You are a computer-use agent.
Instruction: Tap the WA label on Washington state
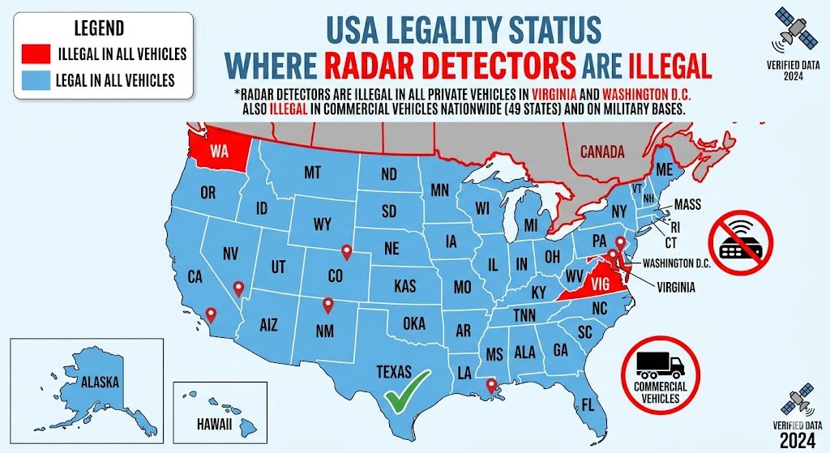click(x=218, y=152)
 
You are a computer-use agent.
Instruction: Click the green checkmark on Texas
click(x=407, y=391)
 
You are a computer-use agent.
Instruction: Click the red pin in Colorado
click(x=347, y=252)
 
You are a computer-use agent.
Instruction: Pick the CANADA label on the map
click(x=602, y=152)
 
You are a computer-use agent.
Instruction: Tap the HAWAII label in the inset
click(x=215, y=424)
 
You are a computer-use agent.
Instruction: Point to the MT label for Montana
click(x=312, y=173)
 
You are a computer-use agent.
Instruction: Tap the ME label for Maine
click(x=665, y=169)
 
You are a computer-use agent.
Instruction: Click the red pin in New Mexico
click(x=327, y=306)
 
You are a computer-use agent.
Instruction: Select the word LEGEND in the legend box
click(x=99, y=29)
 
